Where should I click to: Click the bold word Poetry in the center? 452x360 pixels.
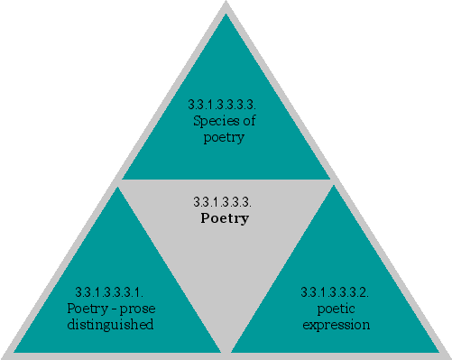point(224,218)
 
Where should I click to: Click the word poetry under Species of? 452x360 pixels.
point(224,138)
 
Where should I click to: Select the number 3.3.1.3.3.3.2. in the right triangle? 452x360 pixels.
point(335,292)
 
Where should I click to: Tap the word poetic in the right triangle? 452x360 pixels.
point(335,309)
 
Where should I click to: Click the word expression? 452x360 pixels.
point(335,325)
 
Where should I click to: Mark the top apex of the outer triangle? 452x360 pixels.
point(226,4)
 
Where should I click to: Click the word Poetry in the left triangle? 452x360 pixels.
point(87,309)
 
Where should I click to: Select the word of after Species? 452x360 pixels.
point(248,124)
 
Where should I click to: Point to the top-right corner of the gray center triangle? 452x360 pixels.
point(333,182)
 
